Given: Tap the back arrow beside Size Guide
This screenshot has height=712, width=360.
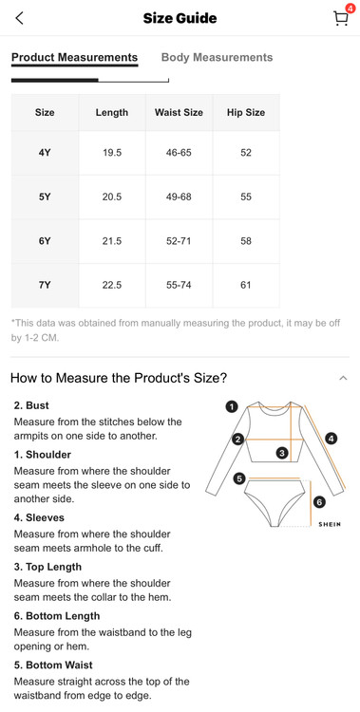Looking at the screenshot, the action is pos(19,18).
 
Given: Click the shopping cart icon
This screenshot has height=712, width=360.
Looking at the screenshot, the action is pos(341,18).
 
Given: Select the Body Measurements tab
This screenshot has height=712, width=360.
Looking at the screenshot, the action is pos(217,57).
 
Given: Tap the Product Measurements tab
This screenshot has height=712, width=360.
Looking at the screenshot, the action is pos(74,58).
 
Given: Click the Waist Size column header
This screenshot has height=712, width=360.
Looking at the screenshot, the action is pos(179,113).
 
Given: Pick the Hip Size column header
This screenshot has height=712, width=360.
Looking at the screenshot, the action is pos(246,113).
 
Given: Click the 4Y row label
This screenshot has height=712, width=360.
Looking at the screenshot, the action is pos(45,153).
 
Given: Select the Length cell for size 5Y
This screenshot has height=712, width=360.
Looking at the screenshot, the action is pos(112,197).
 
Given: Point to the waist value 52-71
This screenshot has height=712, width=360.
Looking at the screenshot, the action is pos(179,241).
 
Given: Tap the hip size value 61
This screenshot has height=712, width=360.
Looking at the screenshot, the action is pos(246,285).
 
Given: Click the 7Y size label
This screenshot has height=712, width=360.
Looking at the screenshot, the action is pos(45,285).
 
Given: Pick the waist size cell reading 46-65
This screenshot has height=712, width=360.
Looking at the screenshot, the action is pos(179,153).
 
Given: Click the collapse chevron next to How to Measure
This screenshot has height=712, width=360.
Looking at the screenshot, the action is pos(343,378).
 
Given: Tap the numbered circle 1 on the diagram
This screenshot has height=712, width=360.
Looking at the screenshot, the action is pos(232,406).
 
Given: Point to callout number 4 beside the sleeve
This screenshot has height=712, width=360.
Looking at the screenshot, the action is pos(332,440).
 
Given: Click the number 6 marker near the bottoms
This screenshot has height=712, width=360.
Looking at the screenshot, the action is pos(319,502).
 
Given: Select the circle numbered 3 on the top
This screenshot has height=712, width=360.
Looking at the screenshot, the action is pos(282,453).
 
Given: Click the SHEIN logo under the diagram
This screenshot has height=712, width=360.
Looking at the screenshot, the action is pos(330,524).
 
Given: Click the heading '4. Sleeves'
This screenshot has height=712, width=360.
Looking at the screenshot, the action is pos(39,517).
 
